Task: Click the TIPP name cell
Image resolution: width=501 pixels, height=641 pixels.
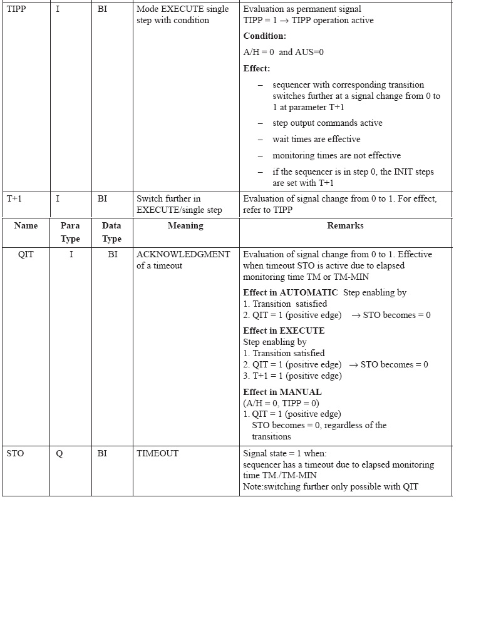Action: tap(16, 9)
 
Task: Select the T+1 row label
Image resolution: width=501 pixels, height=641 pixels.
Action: tap(14, 199)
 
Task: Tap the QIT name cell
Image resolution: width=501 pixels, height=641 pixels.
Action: tap(26, 255)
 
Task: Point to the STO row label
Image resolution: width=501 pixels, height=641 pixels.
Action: tap(15, 454)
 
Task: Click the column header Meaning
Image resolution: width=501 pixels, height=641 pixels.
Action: tap(185, 226)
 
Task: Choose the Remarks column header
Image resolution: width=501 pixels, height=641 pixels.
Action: tap(345, 226)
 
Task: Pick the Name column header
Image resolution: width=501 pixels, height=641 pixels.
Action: tap(26, 226)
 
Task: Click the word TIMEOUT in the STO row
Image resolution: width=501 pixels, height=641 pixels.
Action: tap(157, 454)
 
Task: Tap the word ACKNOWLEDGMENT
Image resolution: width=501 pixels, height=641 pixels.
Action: tap(183, 255)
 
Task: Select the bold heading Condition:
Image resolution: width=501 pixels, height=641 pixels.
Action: tap(264, 36)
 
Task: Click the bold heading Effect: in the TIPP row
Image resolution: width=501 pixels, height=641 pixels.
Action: tap(257, 69)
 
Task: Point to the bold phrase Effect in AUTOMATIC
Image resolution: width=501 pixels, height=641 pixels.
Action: tap(291, 293)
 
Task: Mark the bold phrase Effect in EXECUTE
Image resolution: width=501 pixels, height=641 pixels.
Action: tap(284, 331)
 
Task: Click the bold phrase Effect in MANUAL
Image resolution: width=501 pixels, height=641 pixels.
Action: tap(282, 392)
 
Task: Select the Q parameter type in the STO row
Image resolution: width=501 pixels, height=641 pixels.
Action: tap(59, 454)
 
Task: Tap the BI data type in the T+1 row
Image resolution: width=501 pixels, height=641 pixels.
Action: tap(102, 199)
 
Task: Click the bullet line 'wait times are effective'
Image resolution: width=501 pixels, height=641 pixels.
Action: tap(316, 140)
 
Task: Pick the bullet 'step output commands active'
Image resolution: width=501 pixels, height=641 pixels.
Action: tap(327, 123)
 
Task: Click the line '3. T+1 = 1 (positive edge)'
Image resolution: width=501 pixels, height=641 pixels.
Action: tap(292, 376)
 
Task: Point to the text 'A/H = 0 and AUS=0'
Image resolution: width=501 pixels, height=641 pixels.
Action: tap(284, 53)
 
